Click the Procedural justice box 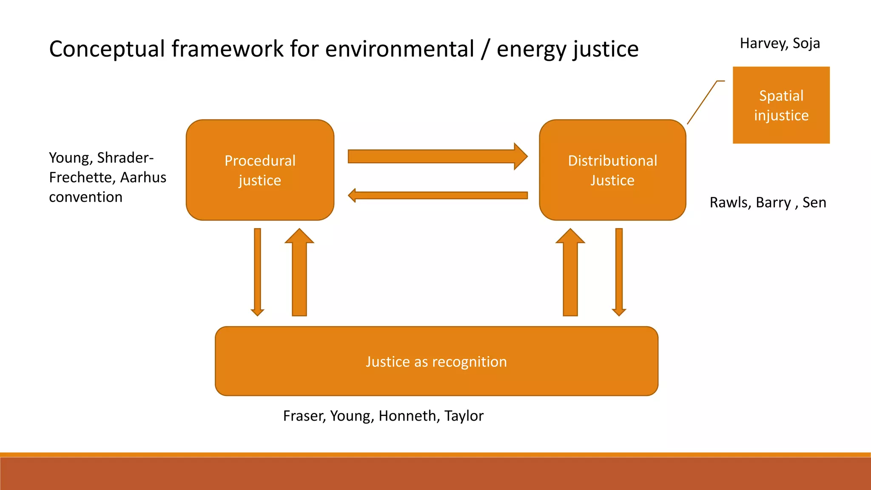pyautogui.click(x=260, y=170)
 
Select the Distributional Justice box pyautogui.click(x=612, y=170)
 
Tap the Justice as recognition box pyautogui.click(x=436, y=361)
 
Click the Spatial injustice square pyautogui.click(x=781, y=105)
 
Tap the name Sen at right pyautogui.click(x=814, y=202)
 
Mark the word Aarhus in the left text pyautogui.click(x=143, y=177)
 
